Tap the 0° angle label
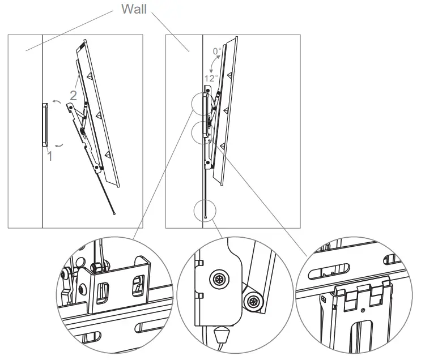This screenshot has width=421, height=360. [217, 52]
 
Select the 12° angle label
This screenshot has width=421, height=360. [211, 79]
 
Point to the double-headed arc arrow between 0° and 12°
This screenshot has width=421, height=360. [212, 64]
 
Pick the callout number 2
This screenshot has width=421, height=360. [73, 96]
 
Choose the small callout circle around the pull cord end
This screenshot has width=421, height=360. [204, 210]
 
